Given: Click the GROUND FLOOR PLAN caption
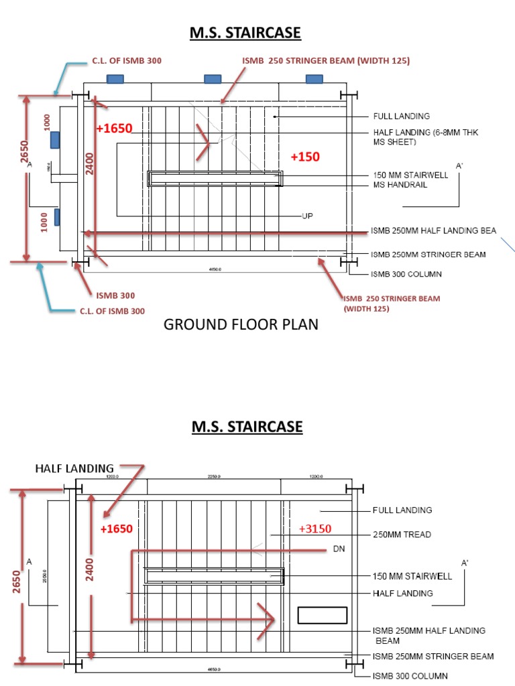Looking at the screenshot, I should click(x=241, y=325).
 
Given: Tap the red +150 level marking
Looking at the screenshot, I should click(x=305, y=157).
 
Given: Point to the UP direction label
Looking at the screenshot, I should click(x=307, y=216).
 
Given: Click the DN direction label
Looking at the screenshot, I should click(x=339, y=549).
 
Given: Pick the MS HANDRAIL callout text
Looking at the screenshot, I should click(x=400, y=185).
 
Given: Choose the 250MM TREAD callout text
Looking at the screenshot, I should click(x=402, y=535).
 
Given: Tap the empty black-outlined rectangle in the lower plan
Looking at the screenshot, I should click(x=322, y=615).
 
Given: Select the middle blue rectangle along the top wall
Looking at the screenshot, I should click(x=213, y=79).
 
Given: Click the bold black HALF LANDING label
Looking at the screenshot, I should click(x=74, y=468).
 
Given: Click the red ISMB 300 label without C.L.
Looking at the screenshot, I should click(x=115, y=295).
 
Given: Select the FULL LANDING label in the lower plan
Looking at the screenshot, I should click(x=402, y=510).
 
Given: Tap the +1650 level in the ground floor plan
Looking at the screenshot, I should click(x=114, y=129).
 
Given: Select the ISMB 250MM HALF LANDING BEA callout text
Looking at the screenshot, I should click(x=433, y=230).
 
